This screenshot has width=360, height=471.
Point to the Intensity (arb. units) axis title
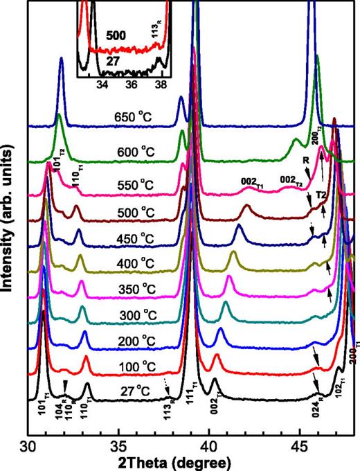tap(10, 229)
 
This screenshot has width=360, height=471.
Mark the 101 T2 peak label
tap(60, 165)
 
